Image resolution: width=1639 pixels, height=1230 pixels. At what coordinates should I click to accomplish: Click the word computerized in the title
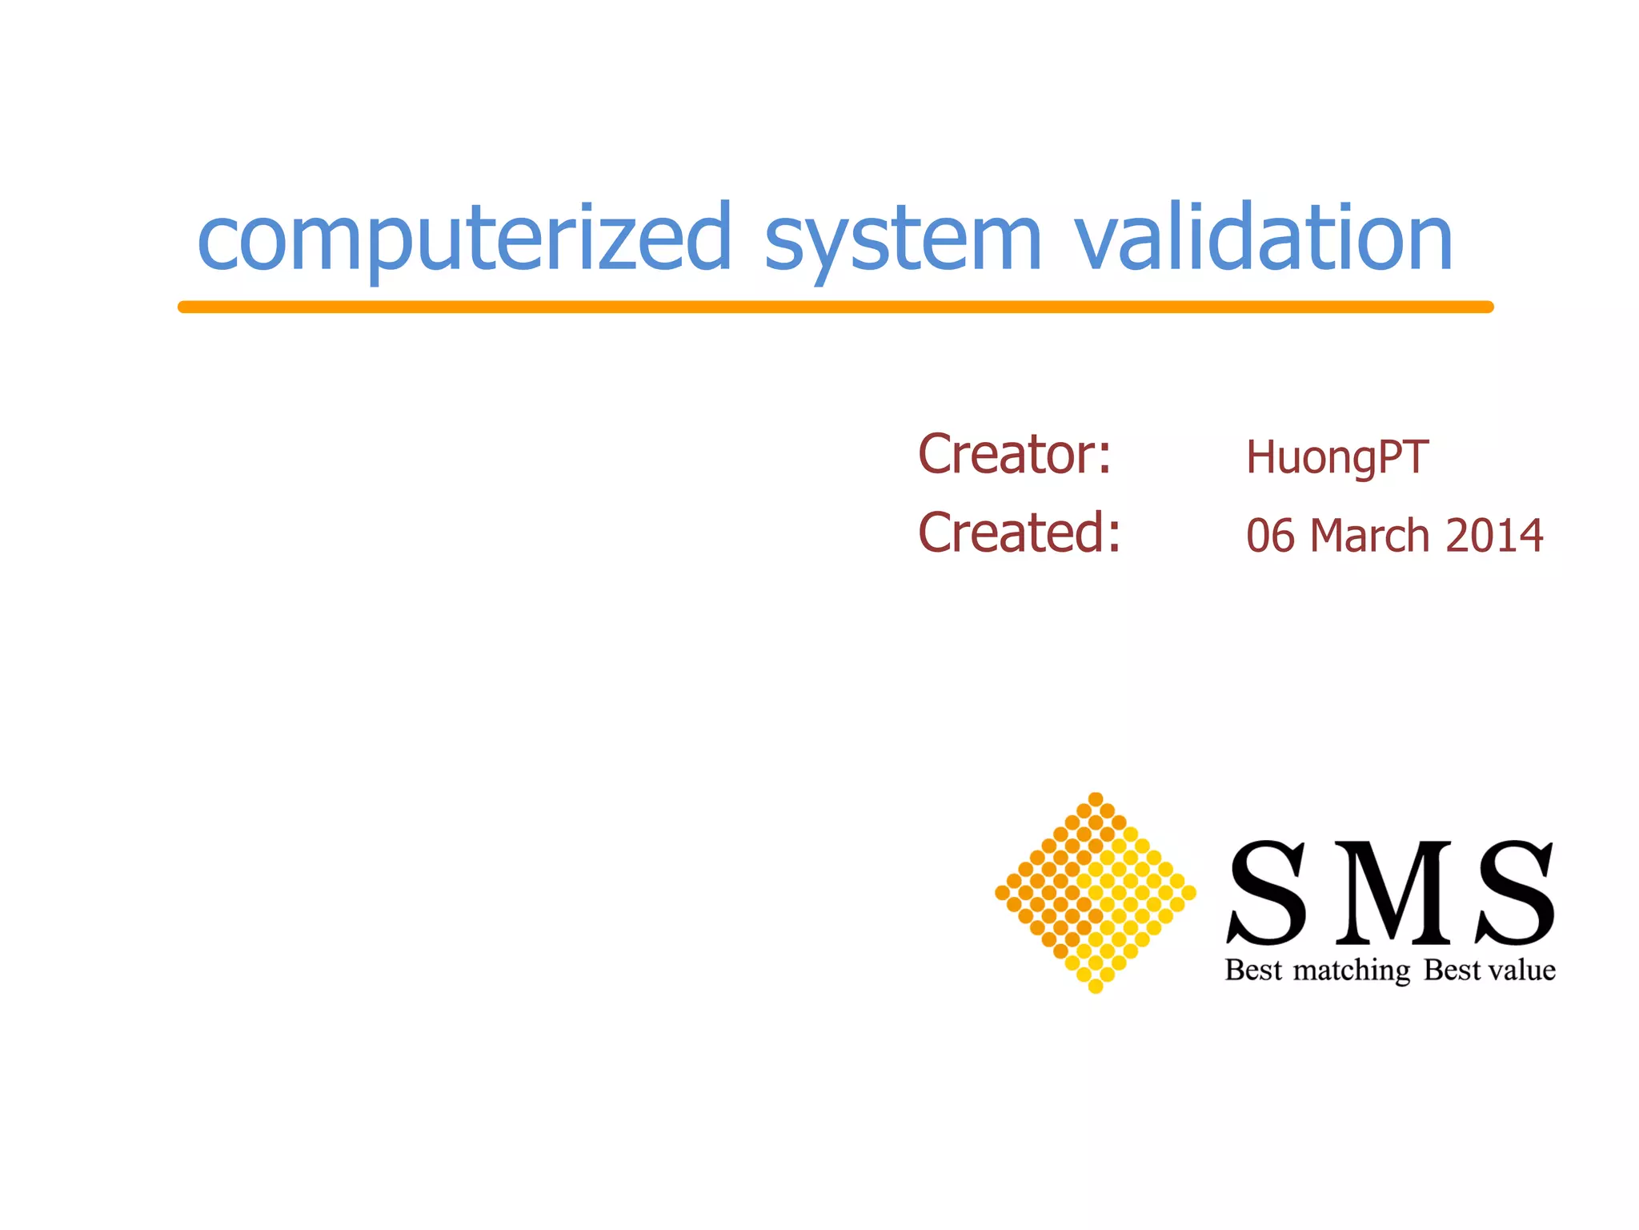coord(464,239)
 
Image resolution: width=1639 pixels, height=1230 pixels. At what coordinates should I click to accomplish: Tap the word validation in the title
coord(1263,237)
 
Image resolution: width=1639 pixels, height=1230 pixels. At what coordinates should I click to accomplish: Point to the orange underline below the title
coord(836,307)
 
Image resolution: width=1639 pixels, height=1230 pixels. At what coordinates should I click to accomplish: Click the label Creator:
coord(1015,454)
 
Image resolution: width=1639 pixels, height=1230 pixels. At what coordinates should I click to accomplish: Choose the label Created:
coord(1020,533)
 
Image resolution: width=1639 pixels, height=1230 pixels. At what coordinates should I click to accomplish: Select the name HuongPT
coord(1336,458)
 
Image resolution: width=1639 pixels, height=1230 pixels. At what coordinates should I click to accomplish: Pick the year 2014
coord(1494,536)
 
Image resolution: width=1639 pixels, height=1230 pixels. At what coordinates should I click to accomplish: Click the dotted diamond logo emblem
coord(1096,893)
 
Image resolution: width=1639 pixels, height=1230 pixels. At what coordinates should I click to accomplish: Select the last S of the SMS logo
coord(1516,892)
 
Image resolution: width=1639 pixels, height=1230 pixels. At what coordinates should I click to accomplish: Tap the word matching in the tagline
coord(1352,971)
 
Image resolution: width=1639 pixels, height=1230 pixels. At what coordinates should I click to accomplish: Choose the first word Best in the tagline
coord(1253,970)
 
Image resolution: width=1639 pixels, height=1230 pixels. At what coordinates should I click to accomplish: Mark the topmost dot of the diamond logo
coord(1096,799)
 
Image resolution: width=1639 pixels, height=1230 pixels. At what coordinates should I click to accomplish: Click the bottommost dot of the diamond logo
coord(1096,987)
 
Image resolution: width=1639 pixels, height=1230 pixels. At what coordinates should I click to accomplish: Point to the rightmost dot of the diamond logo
coord(1188,892)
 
